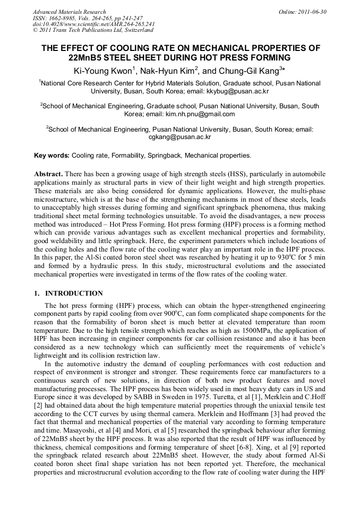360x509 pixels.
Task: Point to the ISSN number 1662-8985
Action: coord(62,18)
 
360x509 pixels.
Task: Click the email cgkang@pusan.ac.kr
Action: coord(180,136)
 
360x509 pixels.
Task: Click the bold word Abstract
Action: coord(48,174)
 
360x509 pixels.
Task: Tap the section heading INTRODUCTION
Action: coord(74,293)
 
